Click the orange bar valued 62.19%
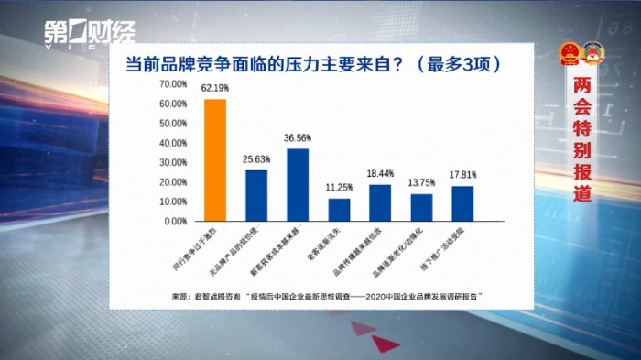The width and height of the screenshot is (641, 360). point(214,160)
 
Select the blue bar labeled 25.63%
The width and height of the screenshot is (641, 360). point(256,196)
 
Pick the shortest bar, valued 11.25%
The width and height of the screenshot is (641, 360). point(339,210)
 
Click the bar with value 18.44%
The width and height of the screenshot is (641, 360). point(380,202)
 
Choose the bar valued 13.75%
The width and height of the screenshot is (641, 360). point(421,208)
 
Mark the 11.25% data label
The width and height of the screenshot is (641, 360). point(339,188)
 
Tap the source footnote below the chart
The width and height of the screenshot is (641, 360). point(326,297)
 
